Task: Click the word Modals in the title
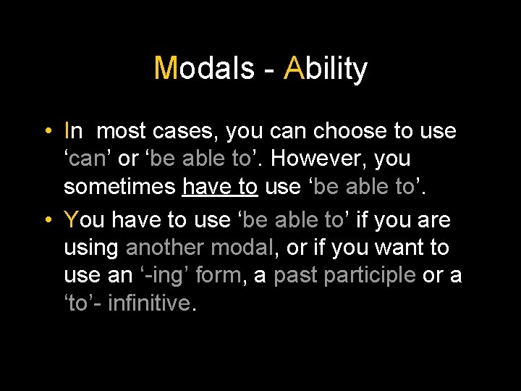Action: [x=204, y=69]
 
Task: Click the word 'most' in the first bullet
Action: [x=122, y=131]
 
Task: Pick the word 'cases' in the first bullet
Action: [x=185, y=131]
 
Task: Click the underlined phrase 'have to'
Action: [x=220, y=188]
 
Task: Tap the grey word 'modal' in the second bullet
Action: [x=242, y=247]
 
